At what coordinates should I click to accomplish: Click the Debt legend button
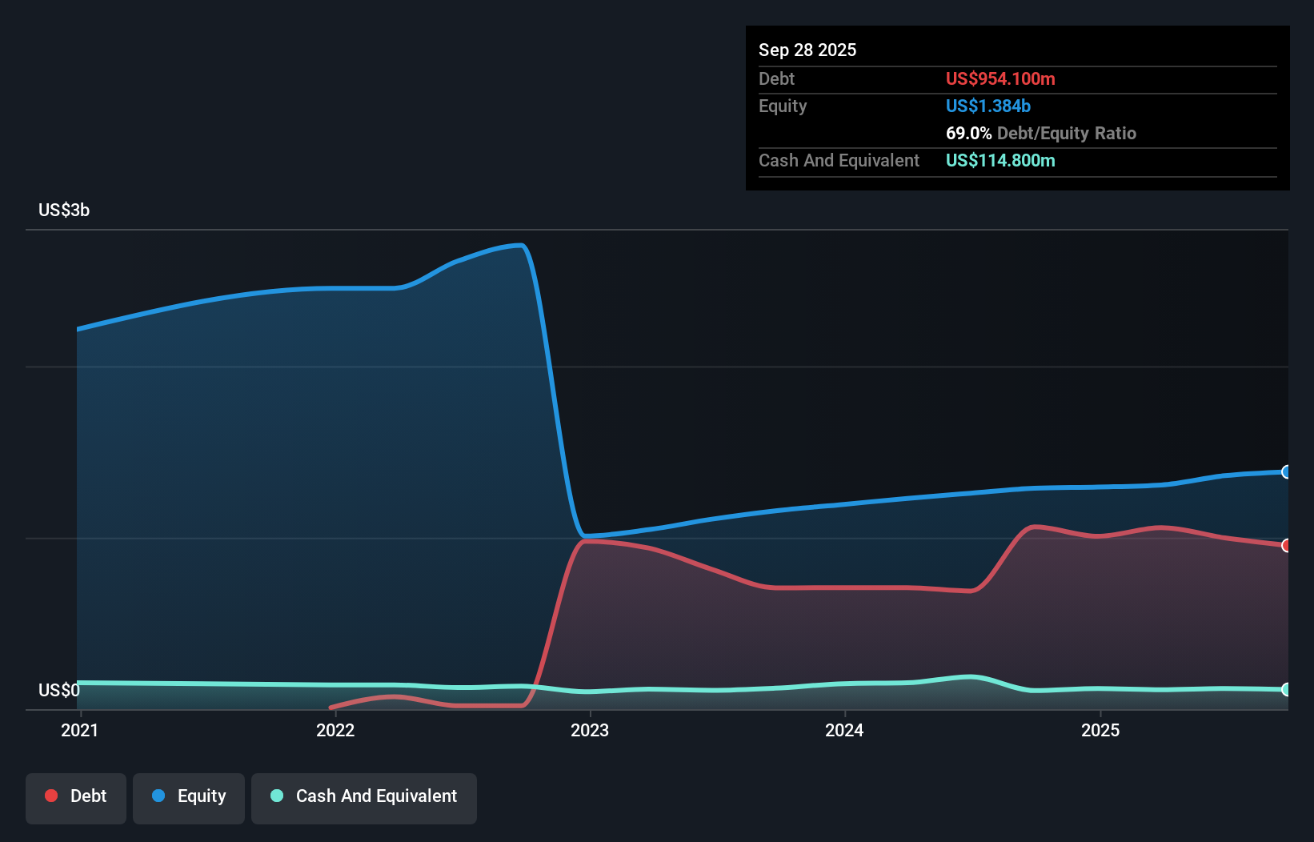point(76,798)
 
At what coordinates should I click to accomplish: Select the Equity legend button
point(188,798)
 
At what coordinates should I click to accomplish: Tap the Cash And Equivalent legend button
point(363,798)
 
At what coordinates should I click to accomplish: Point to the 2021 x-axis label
point(80,730)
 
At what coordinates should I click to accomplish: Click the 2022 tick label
point(335,730)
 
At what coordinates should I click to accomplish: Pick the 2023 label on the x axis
point(590,730)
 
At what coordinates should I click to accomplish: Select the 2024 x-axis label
point(844,730)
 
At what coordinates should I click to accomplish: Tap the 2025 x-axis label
point(1100,730)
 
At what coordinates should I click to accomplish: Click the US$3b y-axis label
point(64,210)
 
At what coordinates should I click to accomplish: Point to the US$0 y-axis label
point(58,690)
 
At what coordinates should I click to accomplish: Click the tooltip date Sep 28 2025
point(807,50)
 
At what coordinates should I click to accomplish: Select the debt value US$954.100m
point(1000,78)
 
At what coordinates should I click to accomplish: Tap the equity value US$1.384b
point(988,106)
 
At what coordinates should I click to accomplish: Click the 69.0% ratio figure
point(968,133)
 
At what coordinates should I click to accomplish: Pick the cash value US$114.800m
point(1000,160)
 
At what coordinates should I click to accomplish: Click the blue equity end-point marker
point(1286,471)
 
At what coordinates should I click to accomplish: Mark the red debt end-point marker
point(1286,546)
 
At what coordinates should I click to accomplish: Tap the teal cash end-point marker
point(1286,689)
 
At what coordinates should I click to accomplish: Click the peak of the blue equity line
point(520,245)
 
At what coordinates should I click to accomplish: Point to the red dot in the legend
point(51,796)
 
